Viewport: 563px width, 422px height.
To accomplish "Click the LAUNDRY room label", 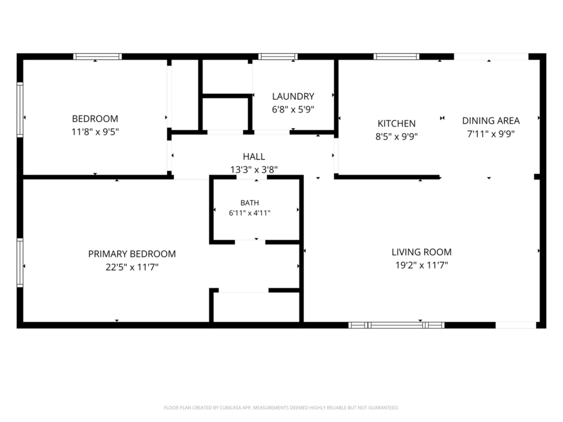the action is (293, 96).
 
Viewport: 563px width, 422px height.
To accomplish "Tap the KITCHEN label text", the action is (397, 123).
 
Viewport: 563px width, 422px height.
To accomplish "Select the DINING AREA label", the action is (491, 121).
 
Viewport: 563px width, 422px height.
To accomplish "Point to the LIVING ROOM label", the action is (422, 252).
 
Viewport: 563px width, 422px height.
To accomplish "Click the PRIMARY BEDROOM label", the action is (132, 254).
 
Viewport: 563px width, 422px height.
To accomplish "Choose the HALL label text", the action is (254, 156).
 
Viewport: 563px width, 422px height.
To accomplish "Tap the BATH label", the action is (250, 203).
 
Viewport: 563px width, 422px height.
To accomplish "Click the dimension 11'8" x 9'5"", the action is (95, 132).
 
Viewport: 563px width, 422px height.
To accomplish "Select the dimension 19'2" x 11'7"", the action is (422, 265).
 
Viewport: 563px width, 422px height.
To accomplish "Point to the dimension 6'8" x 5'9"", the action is (293, 109).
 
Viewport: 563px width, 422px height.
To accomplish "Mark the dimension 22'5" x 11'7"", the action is (132, 267).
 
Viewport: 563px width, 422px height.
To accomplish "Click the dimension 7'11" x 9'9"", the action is (491, 134).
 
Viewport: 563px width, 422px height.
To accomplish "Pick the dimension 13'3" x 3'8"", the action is (254, 169).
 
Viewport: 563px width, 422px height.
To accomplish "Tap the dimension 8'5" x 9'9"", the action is (397, 137).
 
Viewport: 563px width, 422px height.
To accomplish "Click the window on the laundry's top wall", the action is (278, 57).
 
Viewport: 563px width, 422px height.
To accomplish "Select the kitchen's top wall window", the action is (397, 57).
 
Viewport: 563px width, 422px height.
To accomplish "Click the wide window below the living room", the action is (397, 325).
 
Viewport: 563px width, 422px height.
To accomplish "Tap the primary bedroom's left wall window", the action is (20, 263).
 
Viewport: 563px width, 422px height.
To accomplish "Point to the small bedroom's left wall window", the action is (20, 110).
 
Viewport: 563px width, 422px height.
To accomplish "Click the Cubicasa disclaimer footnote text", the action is (281, 408).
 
